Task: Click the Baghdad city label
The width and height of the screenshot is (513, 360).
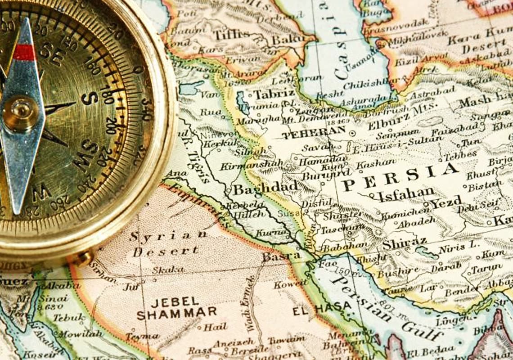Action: (265, 187)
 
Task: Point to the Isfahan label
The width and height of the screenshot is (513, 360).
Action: (405, 194)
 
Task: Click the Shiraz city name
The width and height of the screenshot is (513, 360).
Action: (404, 243)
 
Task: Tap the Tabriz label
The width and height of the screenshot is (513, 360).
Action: (274, 94)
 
